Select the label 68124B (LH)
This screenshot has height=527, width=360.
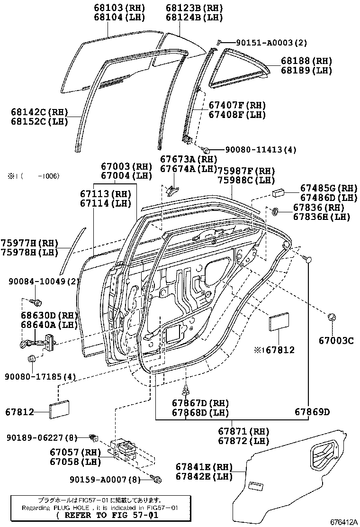click(x=194, y=18)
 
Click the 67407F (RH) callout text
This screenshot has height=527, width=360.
click(x=237, y=105)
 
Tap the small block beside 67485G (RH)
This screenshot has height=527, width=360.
click(x=277, y=193)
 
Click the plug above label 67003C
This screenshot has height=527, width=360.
click(x=332, y=317)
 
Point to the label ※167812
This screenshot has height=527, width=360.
click(x=274, y=350)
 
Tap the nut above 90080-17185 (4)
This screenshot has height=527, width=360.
click(x=32, y=359)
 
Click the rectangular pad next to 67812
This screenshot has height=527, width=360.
click(x=59, y=409)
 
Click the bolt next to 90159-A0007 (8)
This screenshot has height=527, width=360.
click(x=157, y=479)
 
